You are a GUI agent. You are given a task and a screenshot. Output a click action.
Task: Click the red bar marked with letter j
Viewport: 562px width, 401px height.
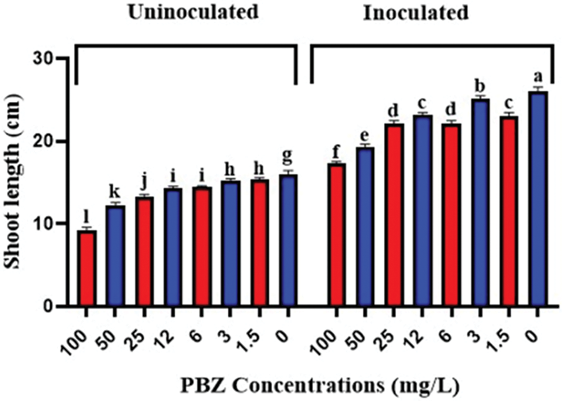pyautogui.click(x=144, y=252)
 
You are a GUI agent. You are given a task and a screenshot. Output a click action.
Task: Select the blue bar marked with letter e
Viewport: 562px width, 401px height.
pyautogui.click(x=365, y=227)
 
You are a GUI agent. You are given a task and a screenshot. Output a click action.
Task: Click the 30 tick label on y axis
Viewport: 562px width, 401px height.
pyautogui.click(x=43, y=58)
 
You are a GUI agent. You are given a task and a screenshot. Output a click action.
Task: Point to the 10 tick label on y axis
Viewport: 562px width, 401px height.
pyautogui.click(x=43, y=224)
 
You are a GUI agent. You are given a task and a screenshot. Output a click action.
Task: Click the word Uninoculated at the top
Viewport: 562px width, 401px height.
pyautogui.click(x=193, y=12)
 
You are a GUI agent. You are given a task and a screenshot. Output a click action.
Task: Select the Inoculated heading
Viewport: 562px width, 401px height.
pyautogui.click(x=415, y=13)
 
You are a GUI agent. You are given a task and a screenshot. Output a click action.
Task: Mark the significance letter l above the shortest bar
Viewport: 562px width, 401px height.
pyautogui.click(x=87, y=217)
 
